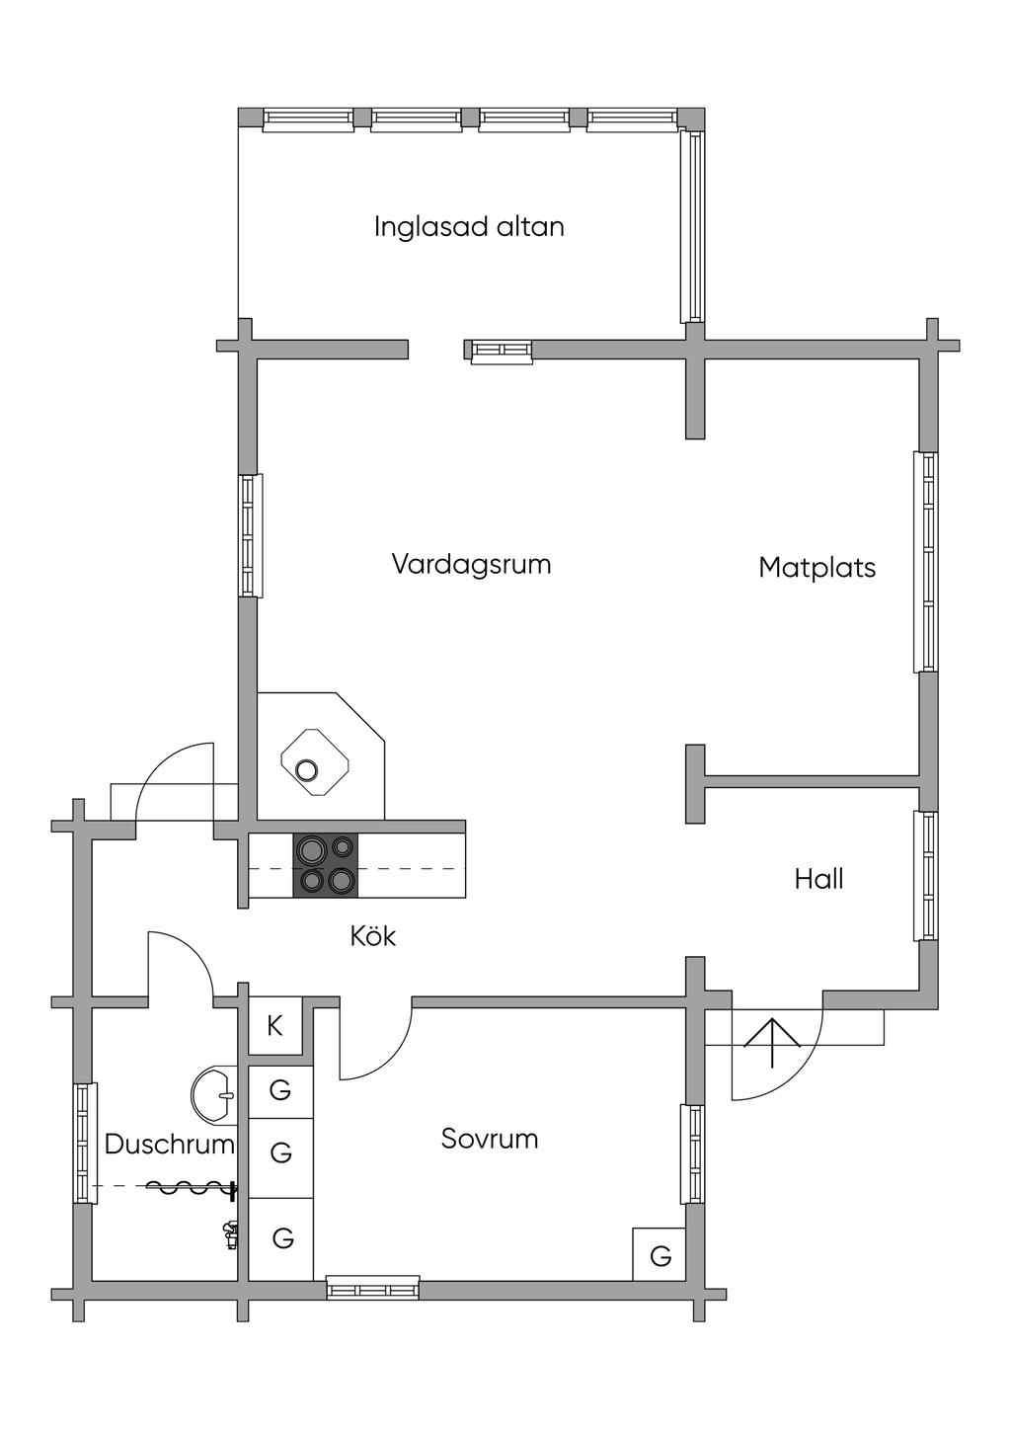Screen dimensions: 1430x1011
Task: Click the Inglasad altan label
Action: tap(469, 227)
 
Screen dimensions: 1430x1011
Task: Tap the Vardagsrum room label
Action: tap(471, 565)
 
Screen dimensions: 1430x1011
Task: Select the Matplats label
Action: tap(817, 568)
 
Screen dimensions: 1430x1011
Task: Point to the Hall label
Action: tap(818, 879)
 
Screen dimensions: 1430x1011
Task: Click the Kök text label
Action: tap(372, 936)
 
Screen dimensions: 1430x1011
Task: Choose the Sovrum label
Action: tap(489, 1139)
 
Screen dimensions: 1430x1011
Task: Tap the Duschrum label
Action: tap(169, 1145)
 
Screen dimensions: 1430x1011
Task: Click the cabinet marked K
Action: tap(274, 1026)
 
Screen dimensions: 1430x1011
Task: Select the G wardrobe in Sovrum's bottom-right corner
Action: tap(661, 1255)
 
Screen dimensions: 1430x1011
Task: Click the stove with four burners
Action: tap(327, 865)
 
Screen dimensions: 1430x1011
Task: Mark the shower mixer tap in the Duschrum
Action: tap(230, 1234)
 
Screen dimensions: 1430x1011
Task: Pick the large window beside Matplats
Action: tap(926, 562)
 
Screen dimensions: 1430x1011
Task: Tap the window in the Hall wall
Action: tap(926, 876)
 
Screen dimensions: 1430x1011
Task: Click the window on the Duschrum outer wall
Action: tap(86, 1143)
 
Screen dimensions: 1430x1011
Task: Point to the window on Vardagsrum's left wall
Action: tap(251, 535)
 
